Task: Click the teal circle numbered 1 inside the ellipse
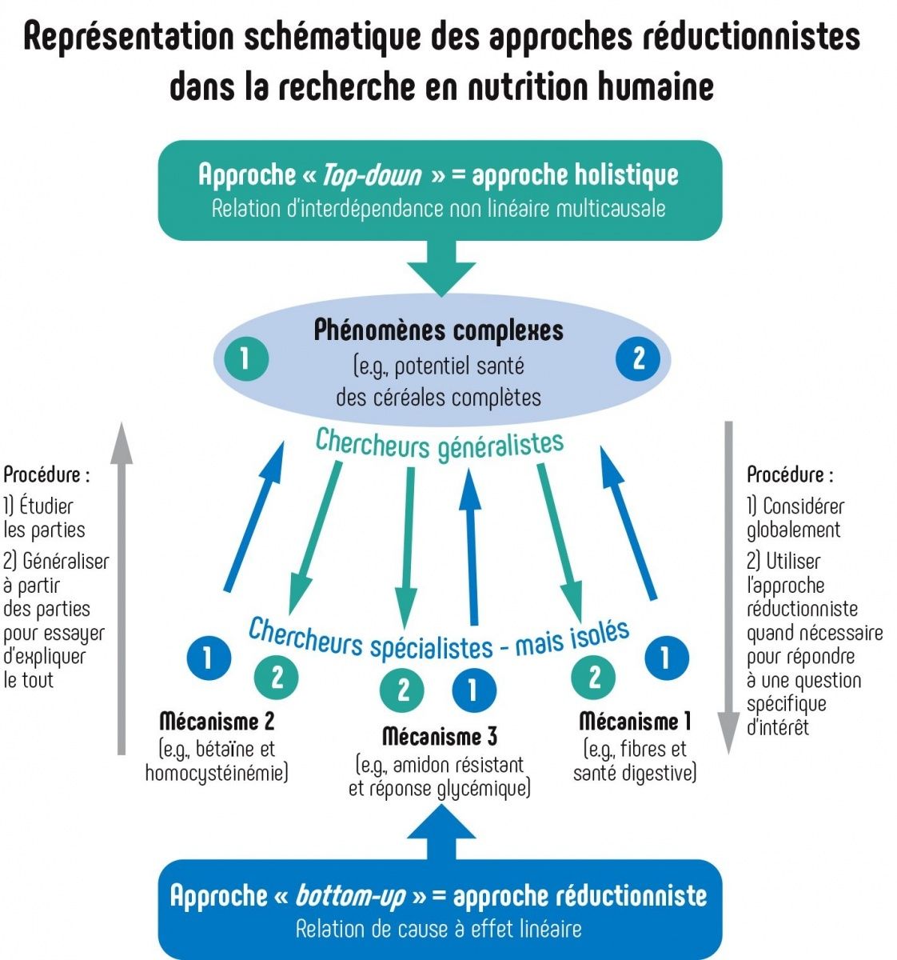(x=245, y=358)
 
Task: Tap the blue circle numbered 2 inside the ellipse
(x=637, y=358)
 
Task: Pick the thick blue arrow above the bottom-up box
(x=441, y=832)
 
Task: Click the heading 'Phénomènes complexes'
(x=439, y=330)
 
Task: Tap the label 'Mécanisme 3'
(x=440, y=736)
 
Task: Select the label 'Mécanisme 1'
(x=634, y=722)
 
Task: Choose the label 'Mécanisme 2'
(x=217, y=722)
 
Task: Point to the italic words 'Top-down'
(x=372, y=174)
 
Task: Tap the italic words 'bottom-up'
(x=350, y=895)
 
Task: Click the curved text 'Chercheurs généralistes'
(x=440, y=445)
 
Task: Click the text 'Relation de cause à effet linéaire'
(x=439, y=930)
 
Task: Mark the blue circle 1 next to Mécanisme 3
(x=472, y=690)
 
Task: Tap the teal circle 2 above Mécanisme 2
(x=276, y=678)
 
